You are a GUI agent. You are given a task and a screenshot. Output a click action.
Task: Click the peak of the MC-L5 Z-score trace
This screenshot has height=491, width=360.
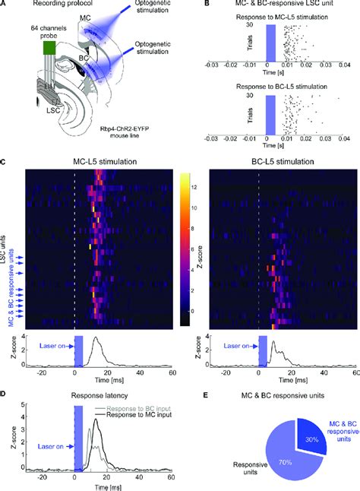click(96, 340)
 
